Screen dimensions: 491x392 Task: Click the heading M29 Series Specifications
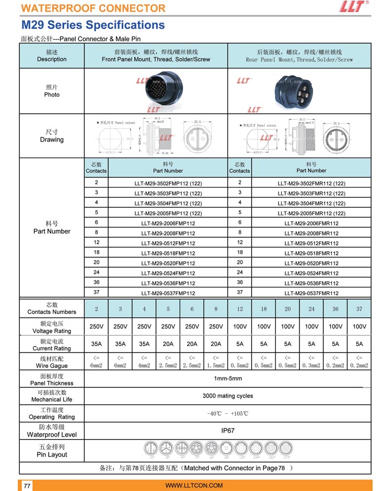(x=93, y=25)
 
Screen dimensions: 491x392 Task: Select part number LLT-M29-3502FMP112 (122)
(x=168, y=183)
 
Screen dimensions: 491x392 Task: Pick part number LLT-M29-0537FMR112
(x=312, y=294)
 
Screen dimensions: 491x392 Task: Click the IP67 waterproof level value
(x=227, y=431)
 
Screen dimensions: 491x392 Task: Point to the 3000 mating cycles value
(x=227, y=396)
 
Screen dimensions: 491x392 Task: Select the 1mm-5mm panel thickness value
(x=227, y=379)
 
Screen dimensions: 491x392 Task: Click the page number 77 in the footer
(x=27, y=486)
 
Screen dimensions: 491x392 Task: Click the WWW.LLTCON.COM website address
(x=194, y=486)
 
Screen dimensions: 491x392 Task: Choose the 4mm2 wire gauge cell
(x=144, y=361)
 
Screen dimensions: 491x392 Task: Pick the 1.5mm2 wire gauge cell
(x=216, y=361)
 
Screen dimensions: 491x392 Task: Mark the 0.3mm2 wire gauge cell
(x=312, y=361)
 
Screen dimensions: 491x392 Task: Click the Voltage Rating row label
(x=52, y=328)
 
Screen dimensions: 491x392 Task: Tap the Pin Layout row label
(x=52, y=451)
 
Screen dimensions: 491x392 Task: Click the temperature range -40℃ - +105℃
(x=227, y=414)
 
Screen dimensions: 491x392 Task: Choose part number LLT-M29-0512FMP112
(x=168, y=243)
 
